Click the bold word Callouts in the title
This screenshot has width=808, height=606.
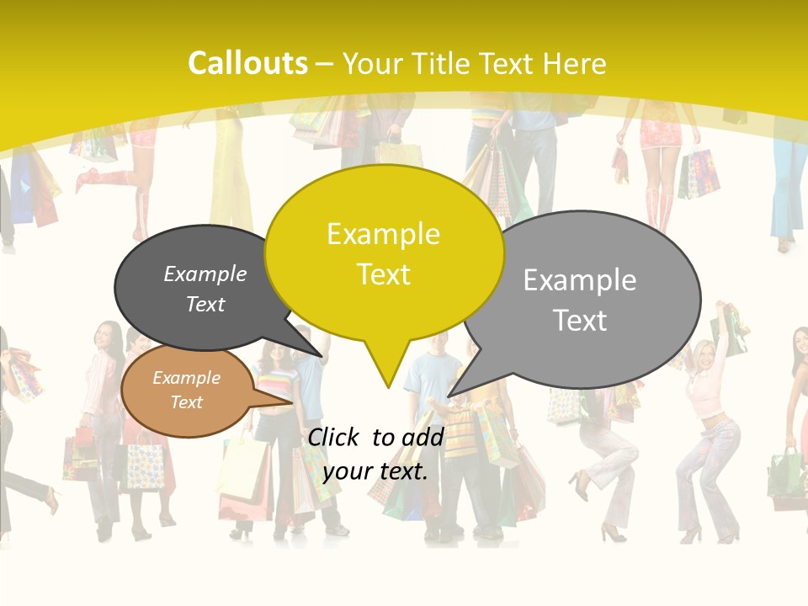(247, 63)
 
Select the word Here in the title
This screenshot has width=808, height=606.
(574, 63)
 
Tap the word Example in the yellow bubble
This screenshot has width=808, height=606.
(383, 234)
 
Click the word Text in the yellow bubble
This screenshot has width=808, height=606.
(383, 274)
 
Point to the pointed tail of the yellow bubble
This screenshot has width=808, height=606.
(387, 385)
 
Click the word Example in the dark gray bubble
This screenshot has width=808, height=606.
(205, 274)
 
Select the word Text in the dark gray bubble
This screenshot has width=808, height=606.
(205, 304)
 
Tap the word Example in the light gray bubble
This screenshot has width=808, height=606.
(580, 279)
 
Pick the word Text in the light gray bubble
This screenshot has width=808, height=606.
(580, 320)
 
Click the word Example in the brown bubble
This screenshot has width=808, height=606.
(186, 378)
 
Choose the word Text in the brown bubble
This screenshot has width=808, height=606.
(186, 402)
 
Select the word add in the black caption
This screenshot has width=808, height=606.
(423, 437)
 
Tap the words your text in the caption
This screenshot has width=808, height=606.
(375, 471)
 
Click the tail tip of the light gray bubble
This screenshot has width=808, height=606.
(449, 395)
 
